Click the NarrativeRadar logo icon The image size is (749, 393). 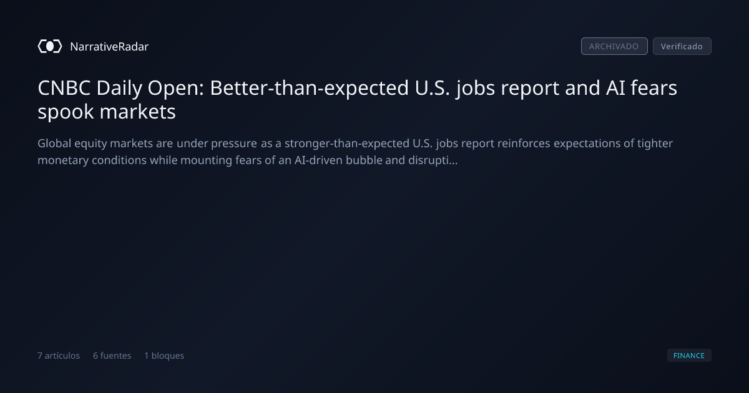tap(50, 46)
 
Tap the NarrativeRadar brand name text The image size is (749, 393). tap(109, 47)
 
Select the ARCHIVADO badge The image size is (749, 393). tap(614, 46)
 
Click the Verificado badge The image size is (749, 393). tap(682, 46)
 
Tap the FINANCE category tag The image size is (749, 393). tap(689, 356)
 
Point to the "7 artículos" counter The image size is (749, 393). tap(59, 356)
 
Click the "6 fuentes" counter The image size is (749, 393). tap(112, 356)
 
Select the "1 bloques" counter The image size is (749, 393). tap(164, 356)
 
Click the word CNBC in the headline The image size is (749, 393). tap(64, 88)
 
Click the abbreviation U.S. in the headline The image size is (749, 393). tap(433, 88)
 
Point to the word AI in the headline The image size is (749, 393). tap(615, 88)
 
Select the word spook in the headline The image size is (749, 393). tap(66, 112)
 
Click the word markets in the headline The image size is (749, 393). tap(138, 111)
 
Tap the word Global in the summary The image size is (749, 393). tap(54, 143)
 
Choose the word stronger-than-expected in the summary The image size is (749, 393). tap(347, 143)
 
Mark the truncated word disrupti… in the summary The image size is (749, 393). tap(433, 161)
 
